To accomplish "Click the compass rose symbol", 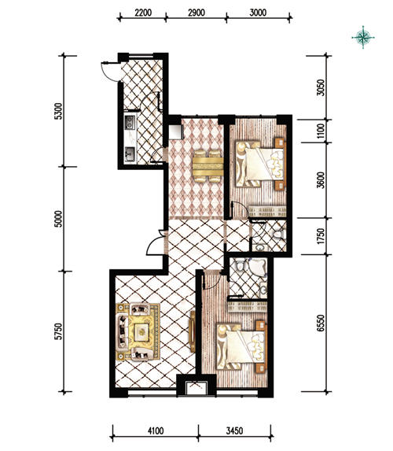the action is click(x=363, y=37).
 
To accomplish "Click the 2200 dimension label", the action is click(x=143, y=13).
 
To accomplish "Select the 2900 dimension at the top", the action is click(x=196, y=13).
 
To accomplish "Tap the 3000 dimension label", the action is click(x=258, y=13).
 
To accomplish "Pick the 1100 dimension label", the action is click(x=321, y=131).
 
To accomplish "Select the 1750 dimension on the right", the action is click(x=321, y=236).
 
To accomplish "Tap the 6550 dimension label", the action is click(x=321, y=323).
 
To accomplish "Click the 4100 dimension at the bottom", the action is click(x=156, y=431).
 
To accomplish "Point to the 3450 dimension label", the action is click(x=234, y=431).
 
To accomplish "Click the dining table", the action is click(x=208, y=166).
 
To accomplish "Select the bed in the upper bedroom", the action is click(x=260, y=164).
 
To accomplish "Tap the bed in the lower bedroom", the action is click(x=241, y=346).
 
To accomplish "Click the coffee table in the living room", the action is click(x=142, y=331).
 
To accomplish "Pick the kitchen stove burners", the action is click(x=130, y=122).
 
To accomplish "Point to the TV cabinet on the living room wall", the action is click(x=193, y=331).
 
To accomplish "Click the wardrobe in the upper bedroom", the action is click(x=267, y=212).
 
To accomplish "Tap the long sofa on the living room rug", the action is click(x=123, y=331).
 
